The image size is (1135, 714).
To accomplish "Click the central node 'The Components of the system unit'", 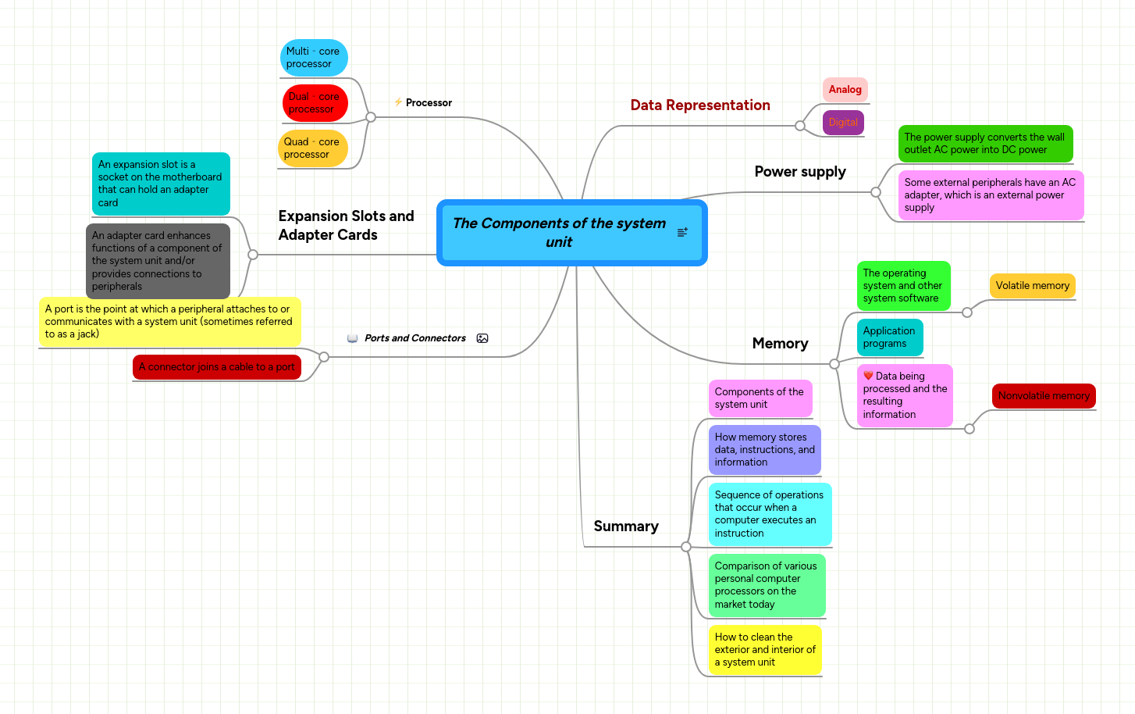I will [559, 233].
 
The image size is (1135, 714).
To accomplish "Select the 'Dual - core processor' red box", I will [315, 103].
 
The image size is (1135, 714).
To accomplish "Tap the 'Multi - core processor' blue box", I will [313, 58].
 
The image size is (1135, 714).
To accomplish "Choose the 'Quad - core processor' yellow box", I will [312, 148].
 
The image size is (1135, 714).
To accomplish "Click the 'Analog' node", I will [845, 90].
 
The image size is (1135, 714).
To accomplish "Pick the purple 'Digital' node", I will [843, 123].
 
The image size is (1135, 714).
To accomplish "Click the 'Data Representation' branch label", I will [700, 105].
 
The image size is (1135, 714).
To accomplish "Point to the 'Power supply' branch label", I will [800, 172].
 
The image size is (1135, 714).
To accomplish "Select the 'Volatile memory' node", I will [1032, 286].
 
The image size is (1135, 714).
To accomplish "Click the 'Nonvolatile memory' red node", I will [1043, 396].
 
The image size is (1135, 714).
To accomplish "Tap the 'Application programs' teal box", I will [889, 337].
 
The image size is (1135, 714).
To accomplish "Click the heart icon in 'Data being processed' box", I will [868, 376].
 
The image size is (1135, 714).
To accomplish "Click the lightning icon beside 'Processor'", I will [398, 102].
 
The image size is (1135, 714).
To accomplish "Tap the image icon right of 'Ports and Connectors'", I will [482, 338].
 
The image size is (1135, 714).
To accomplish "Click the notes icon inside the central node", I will [682, 232].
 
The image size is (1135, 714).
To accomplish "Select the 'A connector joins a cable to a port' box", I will [216, 367].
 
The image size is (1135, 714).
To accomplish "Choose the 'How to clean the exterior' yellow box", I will [765, 650].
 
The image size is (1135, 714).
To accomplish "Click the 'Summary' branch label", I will [626, 527].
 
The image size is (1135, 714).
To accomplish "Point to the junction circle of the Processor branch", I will [371, 117].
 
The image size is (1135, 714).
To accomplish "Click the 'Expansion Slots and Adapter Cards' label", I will [346, 226].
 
